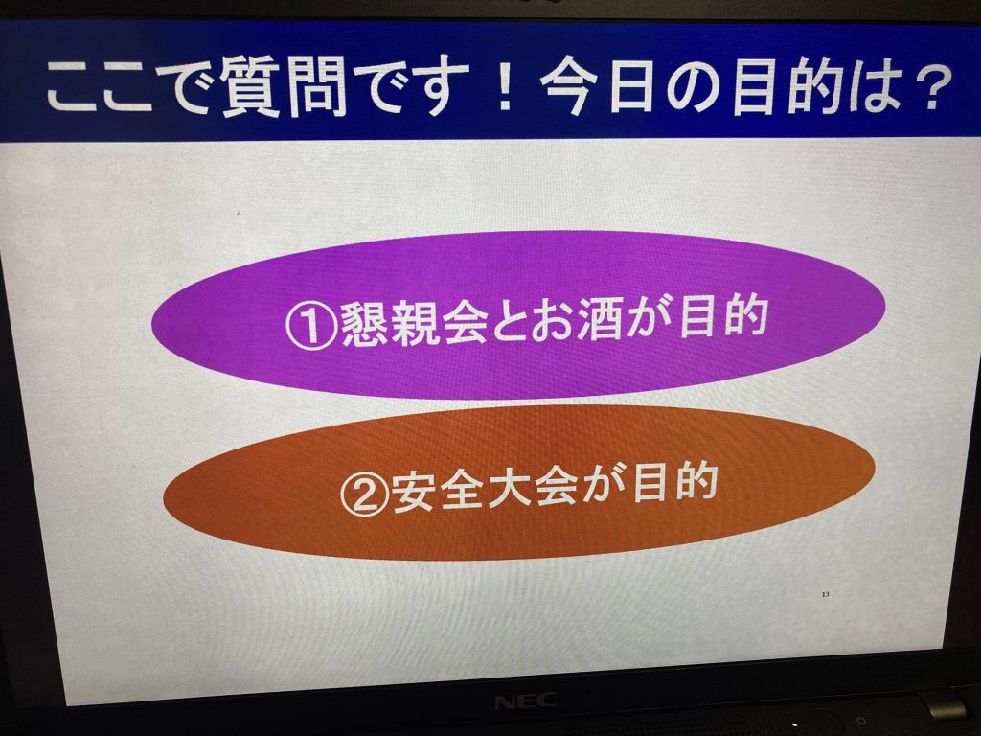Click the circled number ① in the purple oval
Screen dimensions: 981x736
click(x=311, y=326)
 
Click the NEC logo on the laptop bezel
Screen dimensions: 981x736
click(x=525, y=701)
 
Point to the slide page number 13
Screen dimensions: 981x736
click(x=825, y=594)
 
